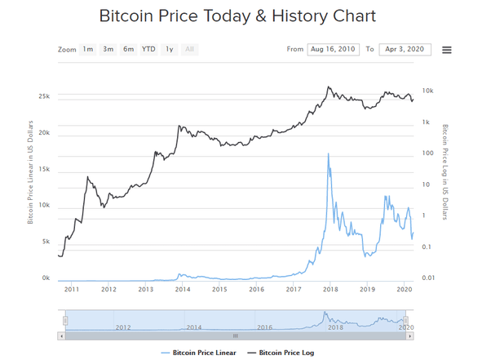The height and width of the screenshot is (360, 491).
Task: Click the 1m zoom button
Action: pyautogui.click(x=87, y=49)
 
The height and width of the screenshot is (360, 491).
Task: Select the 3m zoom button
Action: pyautogui.click(x=108, y=49)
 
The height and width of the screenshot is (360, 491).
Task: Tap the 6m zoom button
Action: pyautogui.click(x=129, y=49)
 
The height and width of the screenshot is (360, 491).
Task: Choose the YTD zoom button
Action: pyautogui.click(x=148, y=49)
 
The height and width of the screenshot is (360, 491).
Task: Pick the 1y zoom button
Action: pyautogui.click(x=169, y=49)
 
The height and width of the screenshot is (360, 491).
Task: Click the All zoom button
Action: pyautogui.click(x=190, y=49)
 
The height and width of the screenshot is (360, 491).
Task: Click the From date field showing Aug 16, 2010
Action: pyautogui.click(x=333, y=49)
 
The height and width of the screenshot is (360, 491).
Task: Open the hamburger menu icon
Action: pyautogui.click(x=447, y=50)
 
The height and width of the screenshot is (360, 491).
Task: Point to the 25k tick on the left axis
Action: pyautogui.click(x=44, y=96)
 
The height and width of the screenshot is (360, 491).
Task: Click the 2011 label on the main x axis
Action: pyautogui.click(x=71, y=290)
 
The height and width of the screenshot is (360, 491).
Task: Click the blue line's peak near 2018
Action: pyautogui.click(x=328, y=153)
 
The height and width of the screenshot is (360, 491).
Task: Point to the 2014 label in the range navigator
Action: pyautogui.click(x=193, y=327)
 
